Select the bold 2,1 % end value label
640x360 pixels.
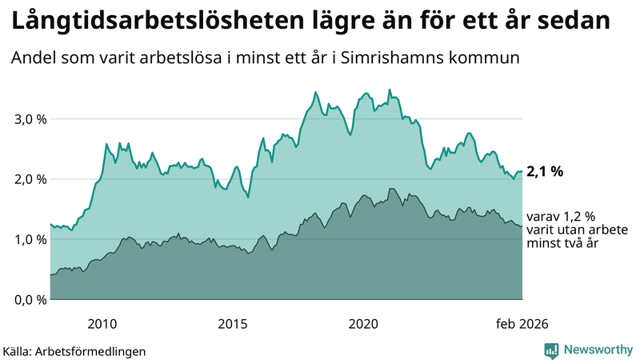pos(546,171)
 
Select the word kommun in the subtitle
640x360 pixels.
pos(490,58)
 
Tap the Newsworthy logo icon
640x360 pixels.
pos(552,350)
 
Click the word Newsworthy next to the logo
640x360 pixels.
pos(598,350)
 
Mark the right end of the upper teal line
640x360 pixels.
pos(522,171)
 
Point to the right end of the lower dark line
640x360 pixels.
pos(522,226)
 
